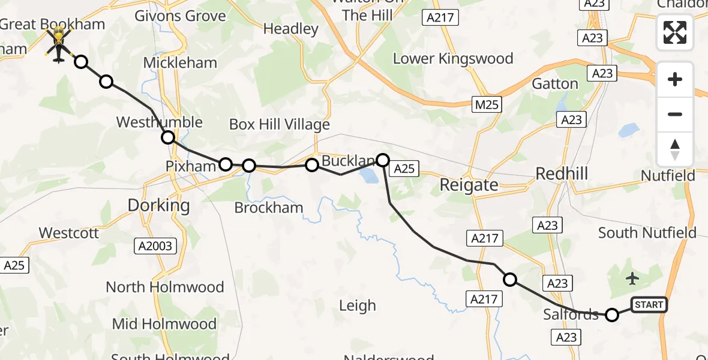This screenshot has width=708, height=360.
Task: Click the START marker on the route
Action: pyautogui.click(x=649, y=305)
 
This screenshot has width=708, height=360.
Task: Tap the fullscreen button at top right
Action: pyautogui.click(x=675, y=32)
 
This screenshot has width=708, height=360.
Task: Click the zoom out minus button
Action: pyautogui.click(x=675, y=114)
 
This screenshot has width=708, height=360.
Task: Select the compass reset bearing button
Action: pyautogui.click(x=675, y=149)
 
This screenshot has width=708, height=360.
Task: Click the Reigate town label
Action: pyautogui.click(x=469, y=185)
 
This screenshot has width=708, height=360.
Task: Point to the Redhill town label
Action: pyautogui.click(x=562, y=174)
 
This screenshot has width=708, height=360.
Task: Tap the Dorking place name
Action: pyautogui.click(x=159, y=206)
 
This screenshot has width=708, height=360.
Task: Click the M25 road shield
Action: pyautogui.click(x=485, y=105)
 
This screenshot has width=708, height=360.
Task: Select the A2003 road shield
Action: pyautogui.click(x=155, y=245)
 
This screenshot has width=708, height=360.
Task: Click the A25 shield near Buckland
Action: pyautogui.click(x=404, y=169)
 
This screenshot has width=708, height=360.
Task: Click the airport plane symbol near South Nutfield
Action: pyautogui.click(x=632, y=278)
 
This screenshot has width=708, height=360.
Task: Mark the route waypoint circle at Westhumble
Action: pyautogui.click(x=168, y=137)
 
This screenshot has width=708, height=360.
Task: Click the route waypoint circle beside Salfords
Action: pyautogui.click(x=611, y=314)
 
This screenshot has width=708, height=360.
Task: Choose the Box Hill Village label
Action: pyautogui.click(x=280, y=125)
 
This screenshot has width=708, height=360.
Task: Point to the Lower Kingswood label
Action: pyautogui.click(x=453, y=59)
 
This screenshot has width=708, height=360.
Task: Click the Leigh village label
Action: pyautogui.click(x=358, y=306)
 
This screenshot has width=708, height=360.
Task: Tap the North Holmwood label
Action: pyautogui.click(x=165, y=287)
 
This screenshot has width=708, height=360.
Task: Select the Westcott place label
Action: pyautogui.click(x=69, y=233)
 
